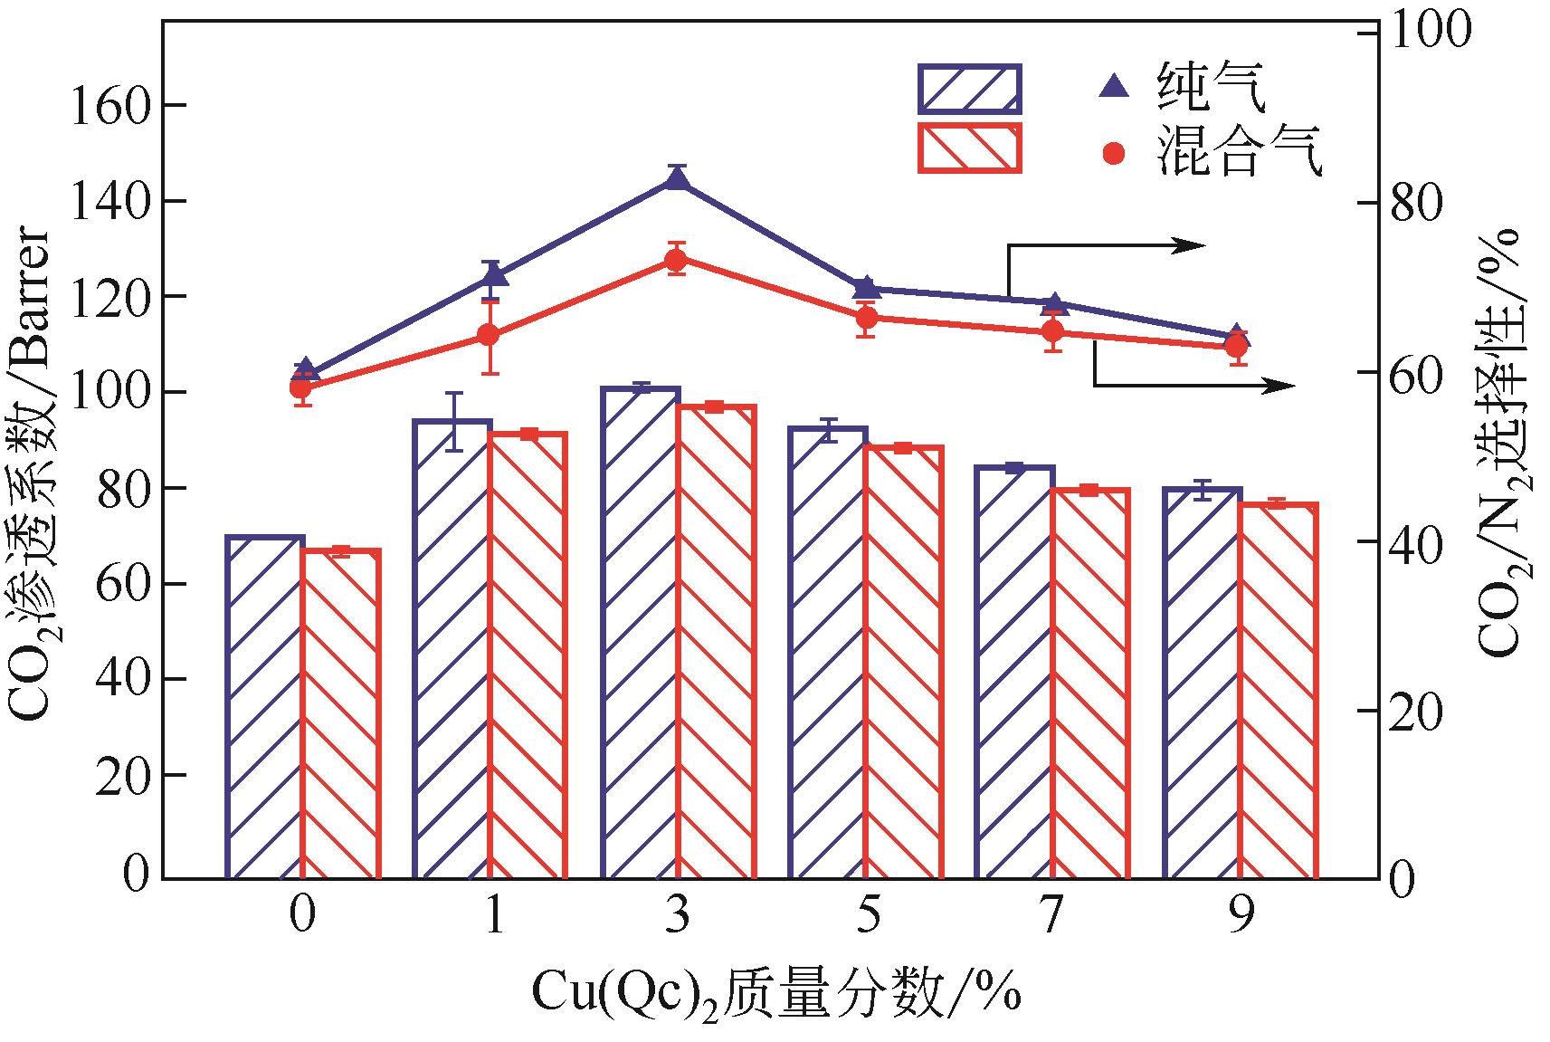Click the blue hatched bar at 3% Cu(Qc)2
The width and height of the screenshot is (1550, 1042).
[x=640, y=634]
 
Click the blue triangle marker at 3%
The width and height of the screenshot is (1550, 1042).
[x=677, y=179]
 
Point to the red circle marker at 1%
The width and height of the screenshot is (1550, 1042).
[x=489, y=335]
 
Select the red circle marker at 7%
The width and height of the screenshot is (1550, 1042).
[x=1052, y=330]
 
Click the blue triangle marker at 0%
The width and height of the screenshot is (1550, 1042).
[x=305, y=369]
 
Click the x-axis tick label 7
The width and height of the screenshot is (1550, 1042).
[x=1051, y=916]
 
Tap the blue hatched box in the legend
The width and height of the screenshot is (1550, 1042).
[x=969, y=88]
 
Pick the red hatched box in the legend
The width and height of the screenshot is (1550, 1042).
[x=969, y=148]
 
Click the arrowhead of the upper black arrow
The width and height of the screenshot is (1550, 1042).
[x=1194, y=244]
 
